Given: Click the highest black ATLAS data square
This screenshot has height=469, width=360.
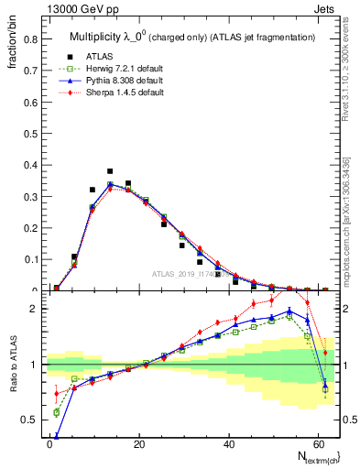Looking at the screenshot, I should pyautogui.click(x=110, y=171).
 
